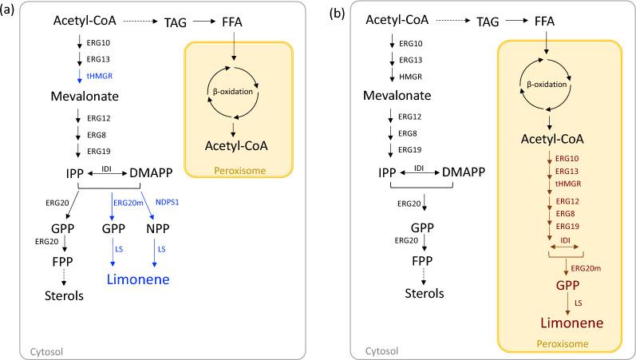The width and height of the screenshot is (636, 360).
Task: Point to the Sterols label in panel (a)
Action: [x=63, y=296]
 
